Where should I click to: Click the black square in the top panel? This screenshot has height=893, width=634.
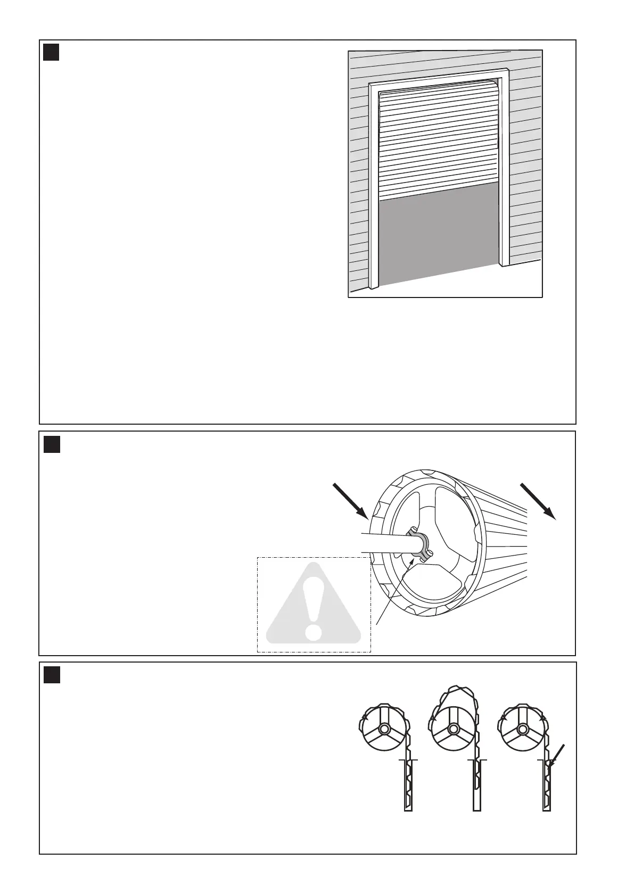point(51,52)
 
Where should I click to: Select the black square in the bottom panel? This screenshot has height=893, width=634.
point(52,675)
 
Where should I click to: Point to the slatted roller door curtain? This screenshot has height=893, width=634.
point(439,141)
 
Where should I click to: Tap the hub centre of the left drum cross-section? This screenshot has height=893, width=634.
point(383,729)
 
